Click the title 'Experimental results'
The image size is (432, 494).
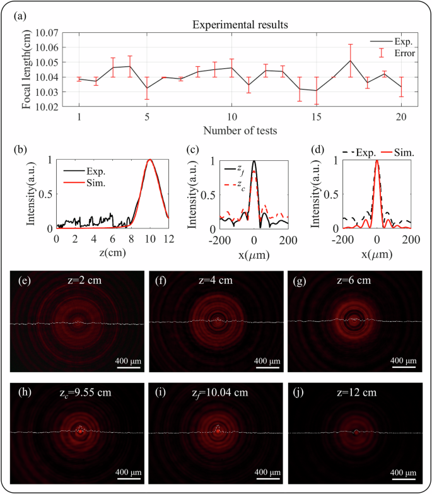(242, 26)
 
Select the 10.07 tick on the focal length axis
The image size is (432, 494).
(52, 33)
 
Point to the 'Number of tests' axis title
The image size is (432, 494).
(241, 131)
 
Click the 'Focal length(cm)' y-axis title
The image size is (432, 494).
(28, 69)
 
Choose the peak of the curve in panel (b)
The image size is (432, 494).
(150, 160)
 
